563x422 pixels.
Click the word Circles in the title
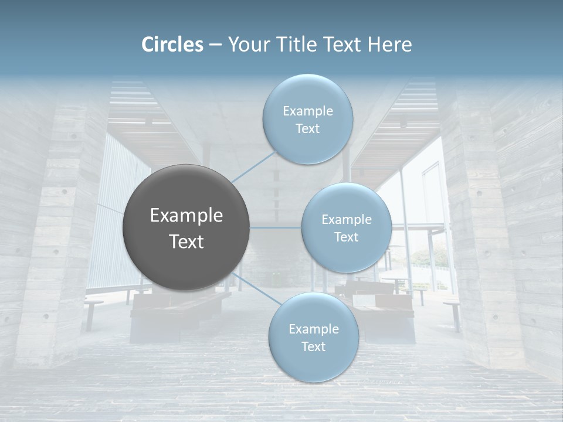coord(172,45)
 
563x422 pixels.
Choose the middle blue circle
coord(346,258)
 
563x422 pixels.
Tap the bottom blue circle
coord(313,366)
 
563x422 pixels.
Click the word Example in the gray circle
coord(186,216)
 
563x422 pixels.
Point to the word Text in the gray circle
coord(186,241)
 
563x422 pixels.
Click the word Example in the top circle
coord(307,111)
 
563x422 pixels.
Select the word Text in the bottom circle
coord(313,346)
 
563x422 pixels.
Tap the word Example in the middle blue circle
coord(346,220)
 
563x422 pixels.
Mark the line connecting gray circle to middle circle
coord(276,227)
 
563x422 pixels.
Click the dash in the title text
coord(215,45)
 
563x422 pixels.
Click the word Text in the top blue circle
coord(307,129)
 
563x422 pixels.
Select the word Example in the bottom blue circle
coord(313,329)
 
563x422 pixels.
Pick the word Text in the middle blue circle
coord(346,237)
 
